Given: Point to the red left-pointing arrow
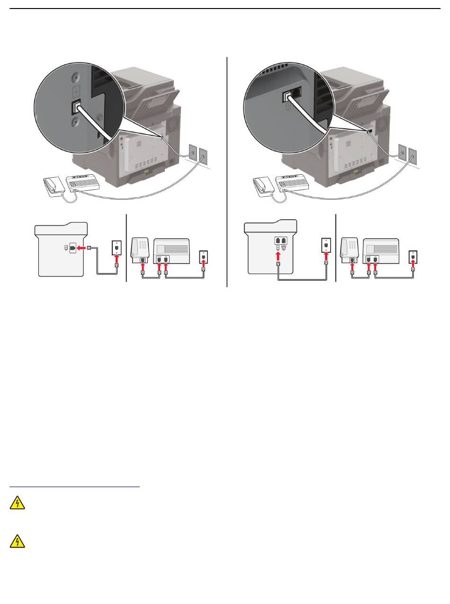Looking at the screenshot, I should tap(82, 248).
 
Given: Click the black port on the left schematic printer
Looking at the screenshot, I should tap(72, 248).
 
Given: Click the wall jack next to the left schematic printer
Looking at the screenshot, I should tap(116, 247).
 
